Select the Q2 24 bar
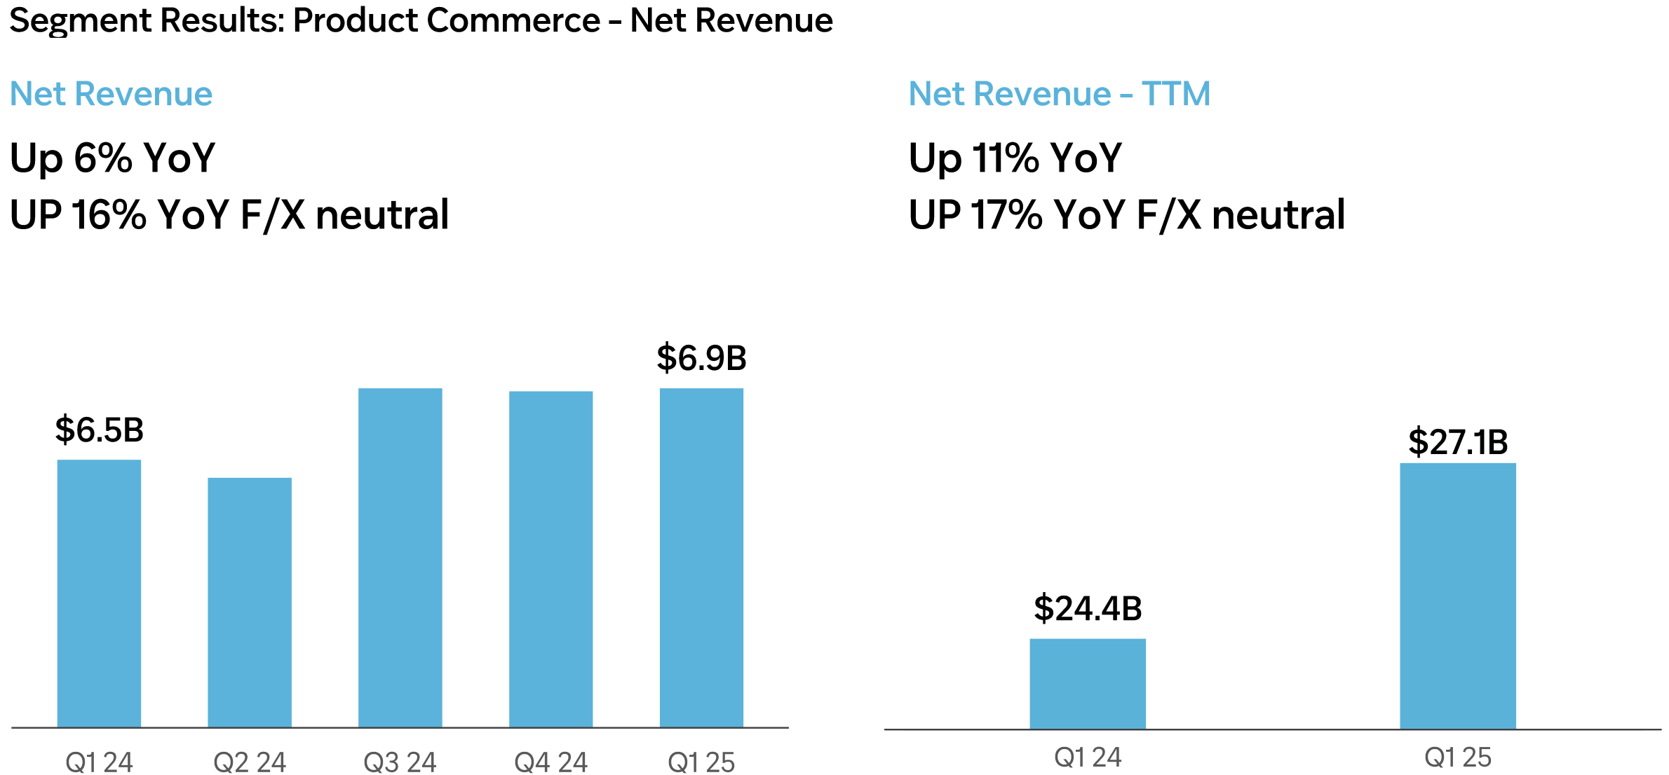pos(250,602)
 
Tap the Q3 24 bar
pos(400,557)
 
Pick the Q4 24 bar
pos(550,558)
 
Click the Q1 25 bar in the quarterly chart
pos(701,557)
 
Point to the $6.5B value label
pos(100,430)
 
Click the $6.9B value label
pos(701,357)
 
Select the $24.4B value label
pos(1088,608)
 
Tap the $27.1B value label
pos(1458,441)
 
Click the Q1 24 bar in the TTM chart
pos(1088,683)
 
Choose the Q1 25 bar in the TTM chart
pos(1458,596)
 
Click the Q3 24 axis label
pos(400,762)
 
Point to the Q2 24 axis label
pos(250,762)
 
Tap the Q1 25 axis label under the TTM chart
pos(1458,757)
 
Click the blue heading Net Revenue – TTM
pos(1059,94)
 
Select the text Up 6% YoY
pos(112,158)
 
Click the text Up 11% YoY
pos(1015,158)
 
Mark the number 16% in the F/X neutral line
pos(109,214)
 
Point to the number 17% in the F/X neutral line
pos(1006,214)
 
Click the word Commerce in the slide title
pos(513,20)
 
